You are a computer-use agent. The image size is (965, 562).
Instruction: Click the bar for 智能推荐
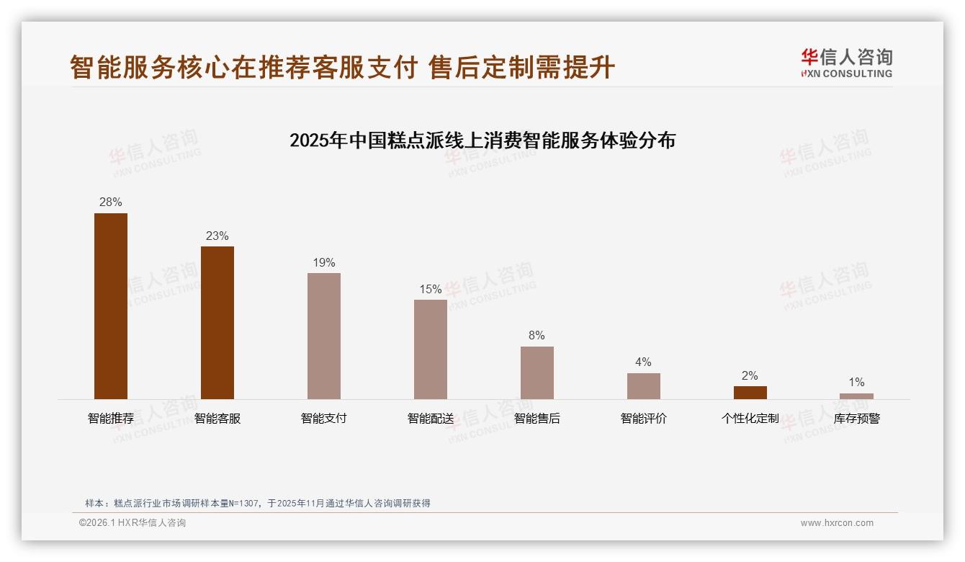[111, 305]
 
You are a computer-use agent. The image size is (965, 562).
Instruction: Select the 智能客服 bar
[217, 322]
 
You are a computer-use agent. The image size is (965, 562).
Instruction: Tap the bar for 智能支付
[324, 336]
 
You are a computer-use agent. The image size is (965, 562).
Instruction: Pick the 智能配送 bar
[431, 349]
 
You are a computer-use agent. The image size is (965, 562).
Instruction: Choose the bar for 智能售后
[537, 373]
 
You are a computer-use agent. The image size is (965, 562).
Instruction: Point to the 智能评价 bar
[644, 385]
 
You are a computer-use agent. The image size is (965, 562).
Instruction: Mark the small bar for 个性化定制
[750, 393]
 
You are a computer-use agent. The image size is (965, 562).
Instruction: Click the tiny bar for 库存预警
[856, 396]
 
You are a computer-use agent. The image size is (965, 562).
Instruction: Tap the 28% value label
[111, 202]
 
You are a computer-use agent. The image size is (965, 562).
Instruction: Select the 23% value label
[217, 236]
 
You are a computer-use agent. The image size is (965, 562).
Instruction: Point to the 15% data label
[431, 290]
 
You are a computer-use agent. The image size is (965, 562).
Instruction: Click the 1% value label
[856, 383]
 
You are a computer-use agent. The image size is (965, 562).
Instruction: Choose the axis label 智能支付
[324, 419]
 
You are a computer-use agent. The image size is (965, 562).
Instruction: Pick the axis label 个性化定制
[750, 419]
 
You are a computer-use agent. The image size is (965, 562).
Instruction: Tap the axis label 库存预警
[856, 419]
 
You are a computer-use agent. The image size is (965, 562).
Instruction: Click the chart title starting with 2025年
[482, 140]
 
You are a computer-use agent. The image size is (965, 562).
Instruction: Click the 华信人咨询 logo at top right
[846, 63]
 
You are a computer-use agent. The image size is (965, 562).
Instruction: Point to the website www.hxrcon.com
[837, 523]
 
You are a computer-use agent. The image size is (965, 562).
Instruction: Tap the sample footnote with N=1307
[258, 504]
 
